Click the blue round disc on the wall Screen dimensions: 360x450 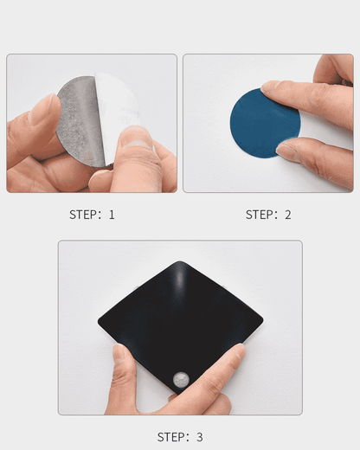(265, 124)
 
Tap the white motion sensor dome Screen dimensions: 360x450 (181, 380)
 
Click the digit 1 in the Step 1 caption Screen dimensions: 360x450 (112, 215)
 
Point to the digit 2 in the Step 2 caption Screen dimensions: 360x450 (288, 215)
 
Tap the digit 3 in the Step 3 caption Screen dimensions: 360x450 (200, 437)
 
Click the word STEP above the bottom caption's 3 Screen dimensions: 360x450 (169, 437)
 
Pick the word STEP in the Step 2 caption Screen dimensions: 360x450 (257, 215)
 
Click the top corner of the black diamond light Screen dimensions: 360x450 (180, 261)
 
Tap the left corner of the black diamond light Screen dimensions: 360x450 (98, 320)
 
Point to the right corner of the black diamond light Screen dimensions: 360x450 (263, 320)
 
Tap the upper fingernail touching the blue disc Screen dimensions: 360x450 (270, 87)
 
